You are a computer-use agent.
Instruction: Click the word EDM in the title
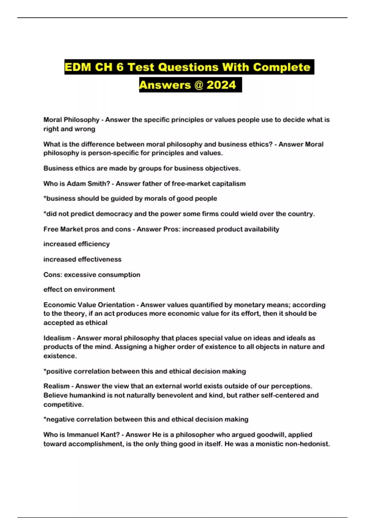tap(78, 67)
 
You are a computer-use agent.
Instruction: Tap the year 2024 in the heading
tap(221, 85)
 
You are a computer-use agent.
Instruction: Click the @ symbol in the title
tap(198, 85)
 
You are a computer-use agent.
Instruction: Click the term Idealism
tap(57, 338)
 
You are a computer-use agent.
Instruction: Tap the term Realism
tap(56, 386)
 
